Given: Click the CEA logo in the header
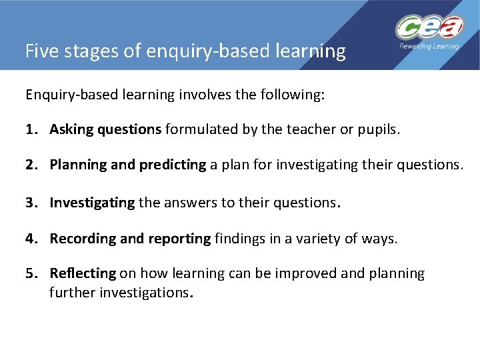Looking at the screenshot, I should coord(429,28).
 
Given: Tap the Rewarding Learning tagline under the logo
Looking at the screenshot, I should coord(429,47).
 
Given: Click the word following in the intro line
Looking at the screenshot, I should coord(292,95).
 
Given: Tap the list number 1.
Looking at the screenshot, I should coord(30,130).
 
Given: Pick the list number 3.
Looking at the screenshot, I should coord(30,202).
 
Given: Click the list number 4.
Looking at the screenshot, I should coord(30,238).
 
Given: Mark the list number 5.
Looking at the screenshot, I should coord(30,274).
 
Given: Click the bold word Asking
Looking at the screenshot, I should coord(71,130).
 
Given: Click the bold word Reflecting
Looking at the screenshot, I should coord(83,274).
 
